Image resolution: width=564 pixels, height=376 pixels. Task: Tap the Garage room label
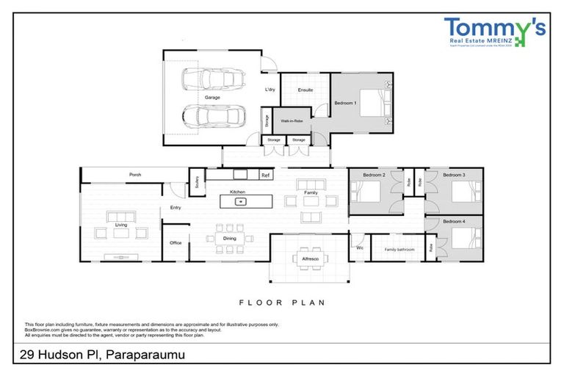click(x=211, y=97)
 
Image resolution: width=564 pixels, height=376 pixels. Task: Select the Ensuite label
click(x=305, y=90)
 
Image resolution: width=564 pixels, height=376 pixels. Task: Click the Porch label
click(x=135, y=175)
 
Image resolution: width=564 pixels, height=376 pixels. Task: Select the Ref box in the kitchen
click(x=265, y=176)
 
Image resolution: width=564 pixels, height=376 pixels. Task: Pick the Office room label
click(x=176, y=242)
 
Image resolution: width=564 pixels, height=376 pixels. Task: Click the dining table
click(x=230, y=238)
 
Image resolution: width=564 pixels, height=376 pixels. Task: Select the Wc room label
click(x=360, y=248)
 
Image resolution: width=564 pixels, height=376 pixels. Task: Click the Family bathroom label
click(x=400, y=250)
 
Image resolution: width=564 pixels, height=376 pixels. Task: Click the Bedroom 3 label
click(x=454, y=175)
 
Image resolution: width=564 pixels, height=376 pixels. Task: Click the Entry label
click(x=176, y=208)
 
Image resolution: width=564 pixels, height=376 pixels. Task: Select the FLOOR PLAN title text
click(x=282, y=302)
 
